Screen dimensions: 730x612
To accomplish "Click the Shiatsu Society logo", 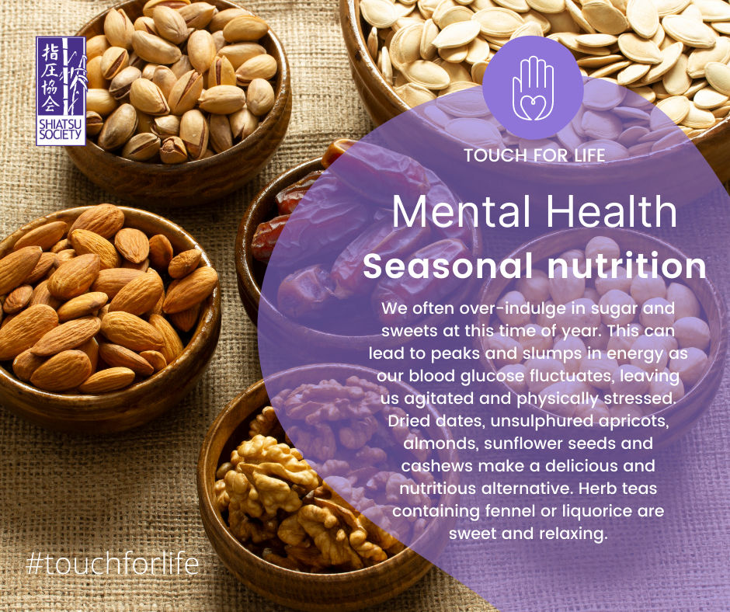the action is [61, 92].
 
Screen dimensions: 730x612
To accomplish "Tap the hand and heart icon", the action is [533, 88].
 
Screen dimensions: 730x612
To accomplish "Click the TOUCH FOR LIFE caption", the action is [534, 155].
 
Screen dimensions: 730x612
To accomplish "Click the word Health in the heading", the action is [611, 211].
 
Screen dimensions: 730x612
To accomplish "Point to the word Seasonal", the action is [447, 266].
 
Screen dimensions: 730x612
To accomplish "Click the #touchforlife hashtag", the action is [113, 563].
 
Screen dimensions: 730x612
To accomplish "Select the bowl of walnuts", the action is [322, 485].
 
